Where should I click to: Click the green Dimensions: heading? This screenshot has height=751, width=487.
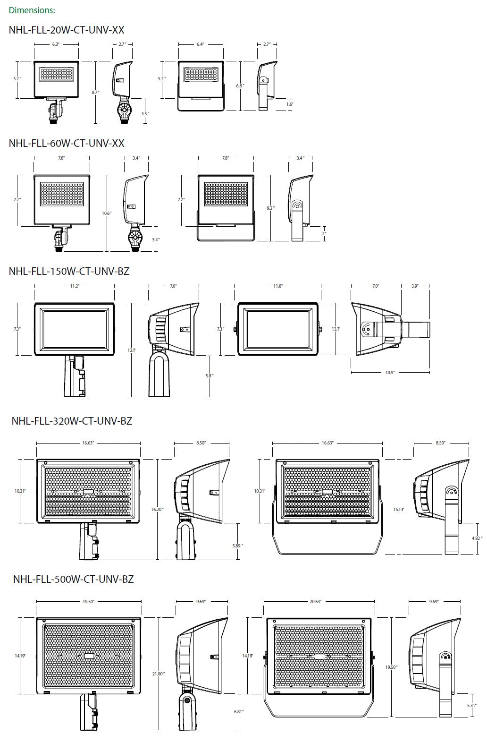[32, 10]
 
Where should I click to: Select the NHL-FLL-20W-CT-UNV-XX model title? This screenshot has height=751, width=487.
[67, 30]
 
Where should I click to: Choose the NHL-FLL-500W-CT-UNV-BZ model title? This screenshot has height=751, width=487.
[74, 579]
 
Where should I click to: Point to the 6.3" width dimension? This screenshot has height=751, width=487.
[56, 44]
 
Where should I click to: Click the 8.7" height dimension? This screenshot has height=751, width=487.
[96, 93]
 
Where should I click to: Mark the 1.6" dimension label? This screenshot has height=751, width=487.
[290, 104]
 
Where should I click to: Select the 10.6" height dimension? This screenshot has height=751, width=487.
[107, 213]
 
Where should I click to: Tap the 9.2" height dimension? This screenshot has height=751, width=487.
[270, 208]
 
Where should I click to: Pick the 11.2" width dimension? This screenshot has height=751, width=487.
[74, 286]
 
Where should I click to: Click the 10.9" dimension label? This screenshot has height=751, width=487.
[390, 373]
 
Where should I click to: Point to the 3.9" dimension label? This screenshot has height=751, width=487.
[415, 286]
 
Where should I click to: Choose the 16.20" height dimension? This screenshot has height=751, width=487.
[157, 509]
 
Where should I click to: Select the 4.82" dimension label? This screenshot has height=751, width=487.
[478, 538]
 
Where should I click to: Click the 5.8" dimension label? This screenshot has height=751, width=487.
[210, 375]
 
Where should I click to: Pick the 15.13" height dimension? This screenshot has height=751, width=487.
[399, 509]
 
